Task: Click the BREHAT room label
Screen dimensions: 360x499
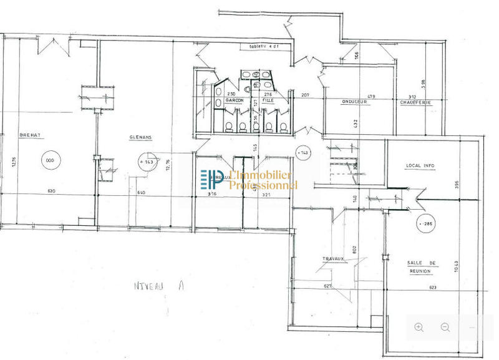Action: (x=30, y=134)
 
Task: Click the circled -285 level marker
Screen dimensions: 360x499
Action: (x=426, y=223)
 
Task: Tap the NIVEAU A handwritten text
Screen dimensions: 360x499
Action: (x=153, y=286)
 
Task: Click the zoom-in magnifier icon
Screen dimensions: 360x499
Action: (x=419, y=327)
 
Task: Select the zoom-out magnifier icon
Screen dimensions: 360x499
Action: (x=445, y=327)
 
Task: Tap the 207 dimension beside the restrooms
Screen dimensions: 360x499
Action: (x=305, y=95)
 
